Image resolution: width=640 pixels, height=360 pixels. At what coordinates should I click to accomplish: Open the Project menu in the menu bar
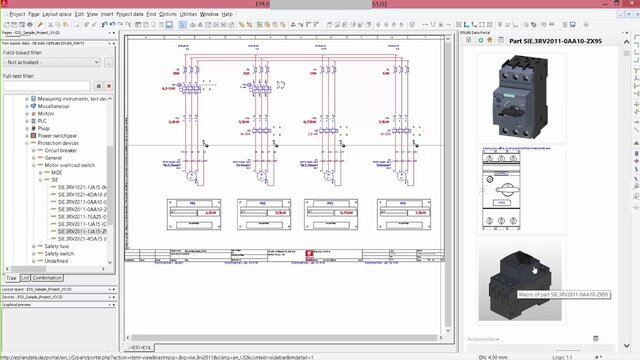pyautogui.click(x=17, y=14)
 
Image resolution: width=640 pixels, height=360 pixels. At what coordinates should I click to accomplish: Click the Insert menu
pyautogui.click(x=107, y=14)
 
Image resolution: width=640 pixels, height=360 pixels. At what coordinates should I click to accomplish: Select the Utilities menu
pyautogui.click(x=188, y=14)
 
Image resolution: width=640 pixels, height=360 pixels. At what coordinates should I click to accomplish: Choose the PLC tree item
pyautogui.click(x=43, y=121)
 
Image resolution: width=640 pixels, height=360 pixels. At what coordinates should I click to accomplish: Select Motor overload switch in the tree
pyautogui.click(x=70, y=164)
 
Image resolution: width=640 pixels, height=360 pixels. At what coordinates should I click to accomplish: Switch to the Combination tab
pyautogui.click(x=47, y=277)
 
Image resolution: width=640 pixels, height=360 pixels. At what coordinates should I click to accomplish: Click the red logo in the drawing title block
pyautogui.click(x=310, y=255)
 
